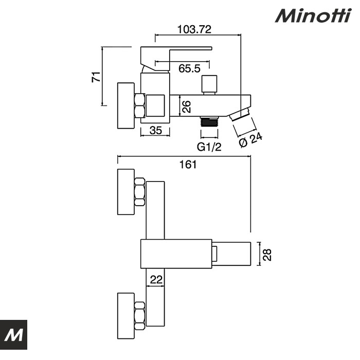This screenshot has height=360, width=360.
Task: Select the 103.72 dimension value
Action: tap(194, 29)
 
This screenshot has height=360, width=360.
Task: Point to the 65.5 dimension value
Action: tap(189, 68)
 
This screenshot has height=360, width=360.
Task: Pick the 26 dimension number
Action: tap(187, 106)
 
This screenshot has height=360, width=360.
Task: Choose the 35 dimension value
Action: tap(156, 131)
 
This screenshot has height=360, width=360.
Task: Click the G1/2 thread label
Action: tap(209, 147)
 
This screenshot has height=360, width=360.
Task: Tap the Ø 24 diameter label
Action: tap(250, 140)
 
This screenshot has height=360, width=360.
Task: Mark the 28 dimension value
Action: tap(267, 255)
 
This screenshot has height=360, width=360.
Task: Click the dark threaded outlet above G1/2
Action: tap(209, 121)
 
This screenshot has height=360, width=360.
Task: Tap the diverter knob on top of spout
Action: tap(209, 84)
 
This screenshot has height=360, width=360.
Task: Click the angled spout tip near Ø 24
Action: tap(241, 114)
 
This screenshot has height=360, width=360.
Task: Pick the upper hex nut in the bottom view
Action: tap(139, 191)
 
